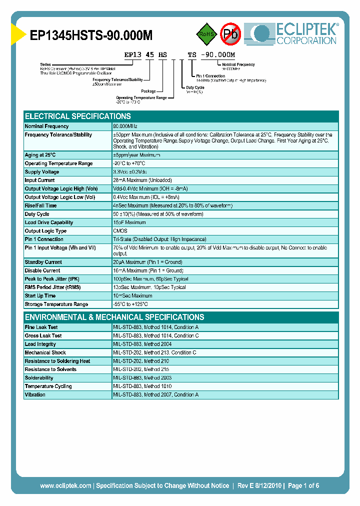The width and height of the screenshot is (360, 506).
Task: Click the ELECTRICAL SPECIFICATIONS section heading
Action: point(78,116)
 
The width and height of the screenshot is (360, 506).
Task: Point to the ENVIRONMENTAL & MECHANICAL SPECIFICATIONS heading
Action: point(114,317)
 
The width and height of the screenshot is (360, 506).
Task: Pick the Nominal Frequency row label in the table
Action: point(47,126)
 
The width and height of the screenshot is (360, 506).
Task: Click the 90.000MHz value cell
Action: point(125,126)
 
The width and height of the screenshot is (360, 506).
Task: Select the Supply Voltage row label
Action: point(42,172)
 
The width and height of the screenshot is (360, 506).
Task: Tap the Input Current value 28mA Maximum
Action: point(142,180)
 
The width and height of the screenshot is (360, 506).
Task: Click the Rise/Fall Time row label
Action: point(41,205)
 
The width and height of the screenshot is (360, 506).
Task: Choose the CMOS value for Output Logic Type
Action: point(120,231)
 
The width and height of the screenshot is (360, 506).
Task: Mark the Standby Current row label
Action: point(43,262)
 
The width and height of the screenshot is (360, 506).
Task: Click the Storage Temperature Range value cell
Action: point(130,304)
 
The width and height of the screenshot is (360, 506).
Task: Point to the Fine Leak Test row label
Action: point(41,327)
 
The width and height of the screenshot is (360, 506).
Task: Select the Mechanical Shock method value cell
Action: point(155,352)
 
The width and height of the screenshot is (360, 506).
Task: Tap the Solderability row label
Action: point(39,378)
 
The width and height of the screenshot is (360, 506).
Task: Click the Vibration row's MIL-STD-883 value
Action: point(156,395)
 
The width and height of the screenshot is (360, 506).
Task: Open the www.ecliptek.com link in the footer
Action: point(65,485)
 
